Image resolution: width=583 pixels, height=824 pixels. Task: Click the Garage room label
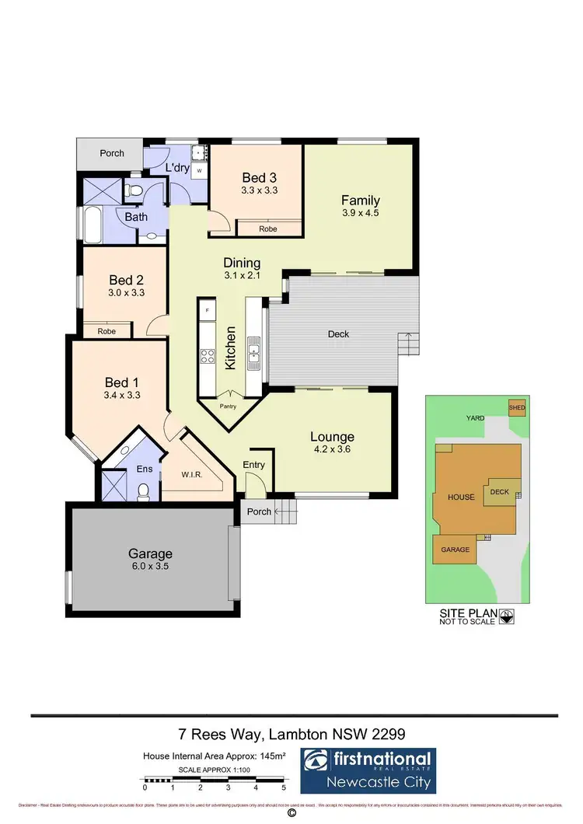point(150,553)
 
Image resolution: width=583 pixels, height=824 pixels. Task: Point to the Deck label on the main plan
point(338,334)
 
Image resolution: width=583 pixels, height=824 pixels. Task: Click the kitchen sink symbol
point(254,355)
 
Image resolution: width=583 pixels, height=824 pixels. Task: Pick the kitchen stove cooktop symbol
point(208,356)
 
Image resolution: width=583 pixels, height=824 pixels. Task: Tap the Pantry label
point(229,406)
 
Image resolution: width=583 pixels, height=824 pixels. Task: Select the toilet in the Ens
point(143,490)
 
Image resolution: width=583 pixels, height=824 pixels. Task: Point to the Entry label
point(254,465)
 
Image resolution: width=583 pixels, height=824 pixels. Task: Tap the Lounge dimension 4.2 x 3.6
point(332,449)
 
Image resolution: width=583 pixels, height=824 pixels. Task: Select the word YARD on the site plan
point(475,418)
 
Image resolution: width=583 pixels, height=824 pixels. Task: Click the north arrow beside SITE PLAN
point(508,617)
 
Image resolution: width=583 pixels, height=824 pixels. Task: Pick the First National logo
point(368,770)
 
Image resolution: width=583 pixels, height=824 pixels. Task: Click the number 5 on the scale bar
point(285,787)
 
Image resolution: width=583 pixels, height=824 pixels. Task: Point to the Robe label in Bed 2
point(106,330)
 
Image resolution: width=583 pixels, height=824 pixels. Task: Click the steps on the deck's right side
point(407,342)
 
